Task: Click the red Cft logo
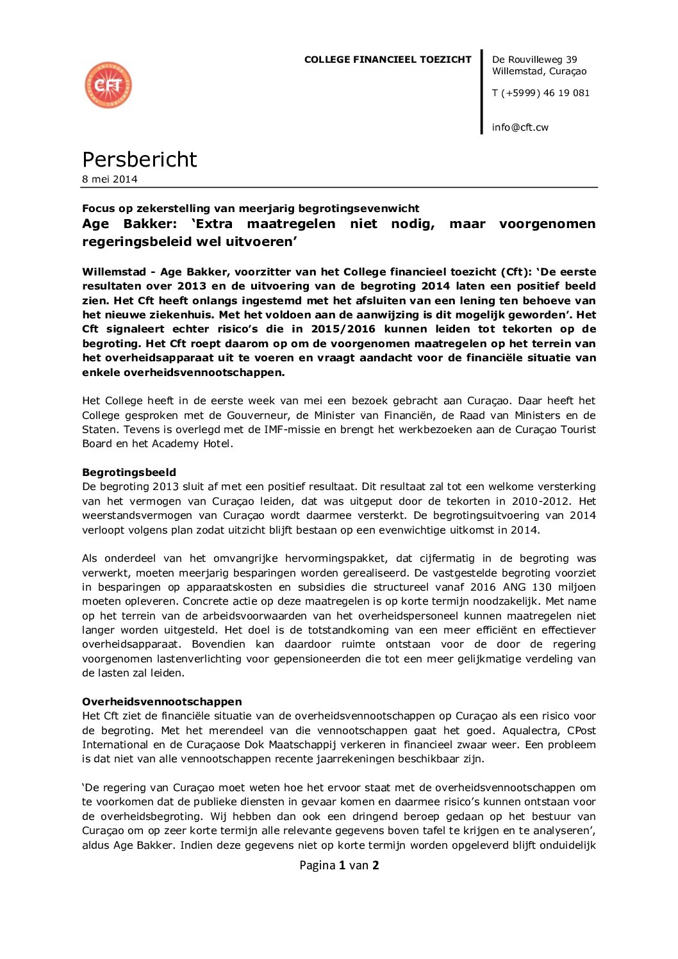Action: coord(108,85)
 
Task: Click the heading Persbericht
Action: coord(140,160)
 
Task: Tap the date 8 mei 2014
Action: coord(110,179)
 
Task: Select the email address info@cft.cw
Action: coord(520,127)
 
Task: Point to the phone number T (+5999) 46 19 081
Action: coord(541,93)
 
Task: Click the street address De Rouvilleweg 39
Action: coord(534,60)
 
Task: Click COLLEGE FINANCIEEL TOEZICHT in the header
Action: coord(388,60)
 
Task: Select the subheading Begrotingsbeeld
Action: coord(129,472)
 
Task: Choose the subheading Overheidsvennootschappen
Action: coord(162,701)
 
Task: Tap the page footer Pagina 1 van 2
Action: coord(339,865)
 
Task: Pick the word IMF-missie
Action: coord(292,429)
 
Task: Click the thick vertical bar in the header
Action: coord(481,92)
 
